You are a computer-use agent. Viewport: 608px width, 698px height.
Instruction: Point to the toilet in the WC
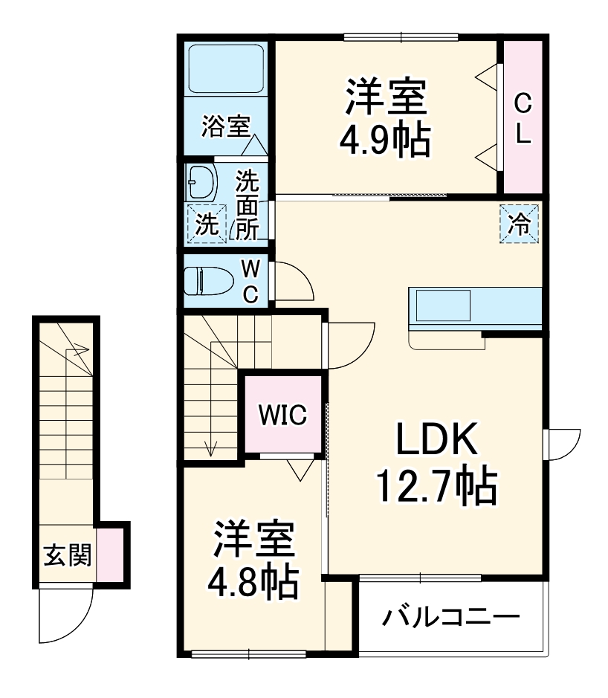(208, 281)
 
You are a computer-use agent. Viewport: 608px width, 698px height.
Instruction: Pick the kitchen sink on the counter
(443, 305)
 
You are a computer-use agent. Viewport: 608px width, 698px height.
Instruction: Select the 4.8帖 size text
(254, 582)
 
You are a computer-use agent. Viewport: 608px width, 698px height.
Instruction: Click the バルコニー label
(451, 617)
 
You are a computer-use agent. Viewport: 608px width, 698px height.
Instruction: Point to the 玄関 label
(67, 555)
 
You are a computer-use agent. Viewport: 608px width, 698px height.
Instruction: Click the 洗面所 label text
(248, 204)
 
